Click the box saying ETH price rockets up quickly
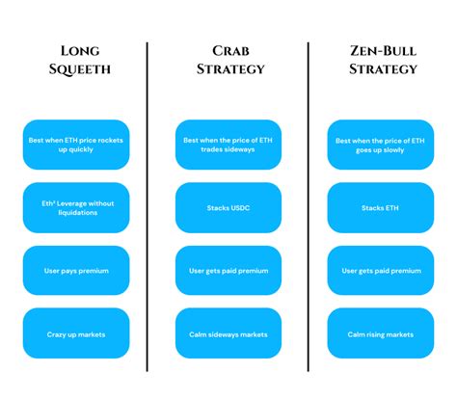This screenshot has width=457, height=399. coord(75,145)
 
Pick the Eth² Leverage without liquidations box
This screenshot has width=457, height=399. coord(75,207)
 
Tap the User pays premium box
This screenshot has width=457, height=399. coord(75,271)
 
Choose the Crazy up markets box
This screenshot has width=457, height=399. coord(75,333)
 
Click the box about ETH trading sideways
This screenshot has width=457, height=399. coord(228,145)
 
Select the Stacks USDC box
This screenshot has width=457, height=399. coord(228,207)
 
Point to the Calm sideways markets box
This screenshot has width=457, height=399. coord(228,333)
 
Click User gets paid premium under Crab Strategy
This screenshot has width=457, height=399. coord(228,271)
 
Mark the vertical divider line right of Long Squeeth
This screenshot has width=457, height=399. coord(148,207)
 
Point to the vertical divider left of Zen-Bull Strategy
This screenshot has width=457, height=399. coord(309,207)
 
